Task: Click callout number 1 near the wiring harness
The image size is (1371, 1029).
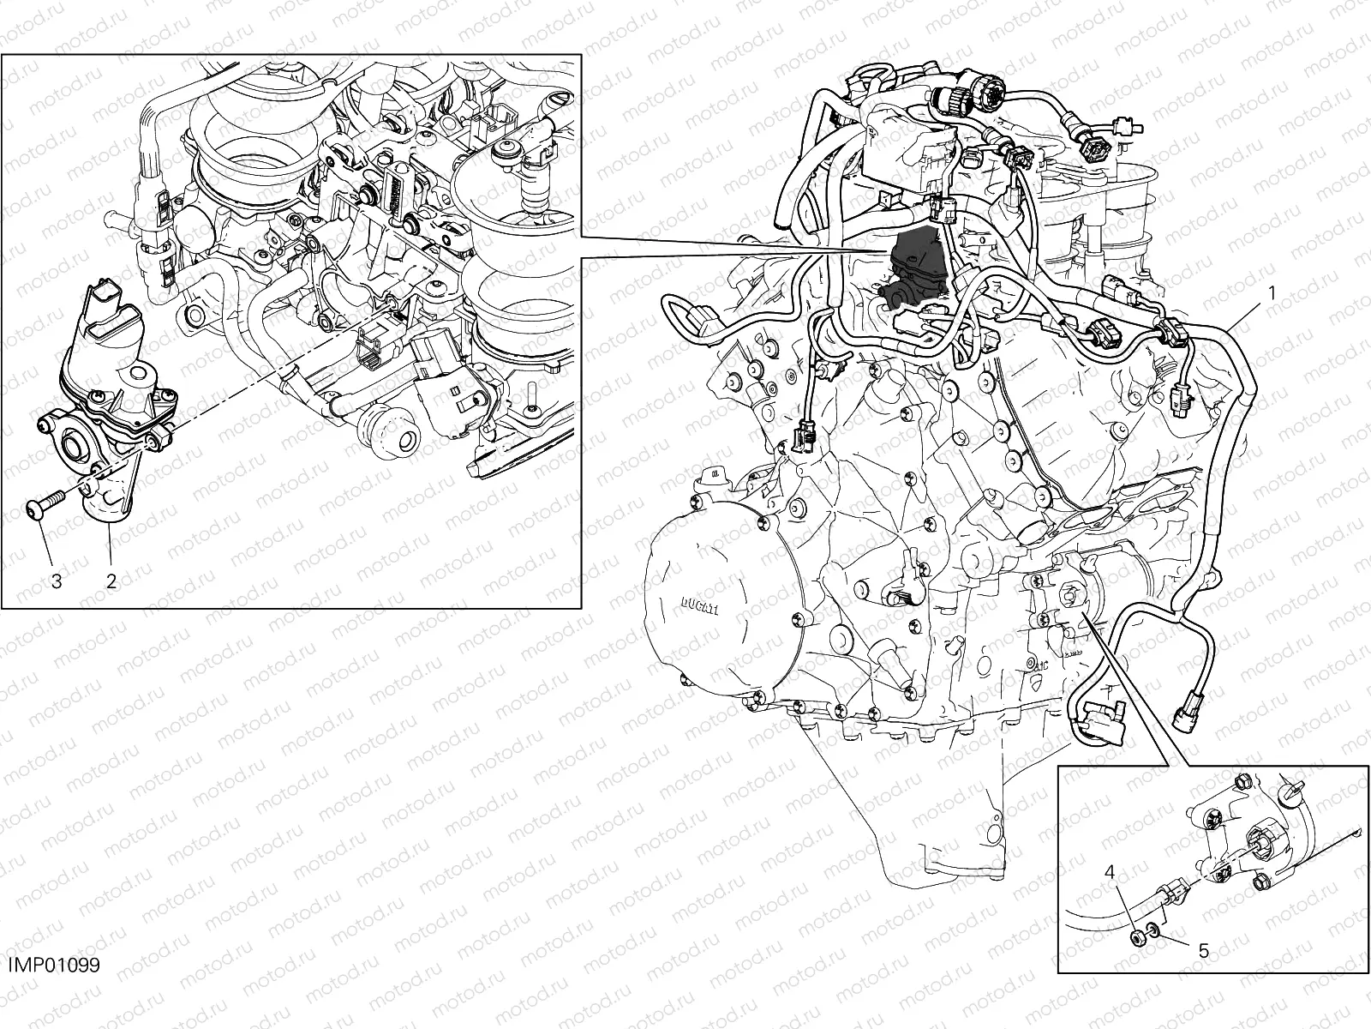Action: (x=1272, y=292)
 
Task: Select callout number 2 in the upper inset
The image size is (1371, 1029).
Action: (x=111, y=581)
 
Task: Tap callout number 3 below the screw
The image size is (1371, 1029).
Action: (x=57, y=581)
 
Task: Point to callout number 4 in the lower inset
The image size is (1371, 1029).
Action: (x=1110, y=872)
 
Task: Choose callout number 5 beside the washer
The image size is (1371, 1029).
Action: (x=1203, y=950)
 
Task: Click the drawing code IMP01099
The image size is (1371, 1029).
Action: (x=53, y=966)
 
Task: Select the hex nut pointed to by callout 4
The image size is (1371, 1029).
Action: (x=1133, y=935)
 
